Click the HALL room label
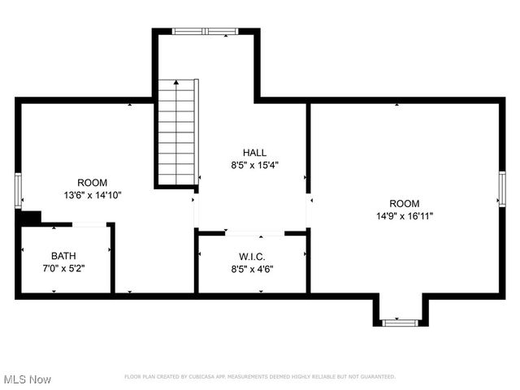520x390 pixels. click(x=253, y=153)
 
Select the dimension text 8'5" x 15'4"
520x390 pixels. click(x=253, y=165)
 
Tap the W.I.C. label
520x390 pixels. click(x=252, y=257)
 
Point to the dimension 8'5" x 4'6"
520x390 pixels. click(x=252, y=269)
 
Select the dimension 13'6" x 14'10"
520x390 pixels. click(x=91, y=195)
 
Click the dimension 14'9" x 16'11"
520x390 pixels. click(x=404, y=216)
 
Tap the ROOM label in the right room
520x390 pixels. click(x=404, y=204)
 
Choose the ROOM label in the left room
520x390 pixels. click(x=91, y=183)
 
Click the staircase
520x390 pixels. click(x=177, y=132)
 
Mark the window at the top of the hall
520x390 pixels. click(x=204, y=32)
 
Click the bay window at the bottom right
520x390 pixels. click(x=399, y=323)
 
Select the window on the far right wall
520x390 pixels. click(x=502, y=188)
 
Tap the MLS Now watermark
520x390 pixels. click(x=28, y=379)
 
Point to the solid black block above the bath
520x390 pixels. click(x=30, y=218)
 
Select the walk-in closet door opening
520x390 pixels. click(x=254, y=233)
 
